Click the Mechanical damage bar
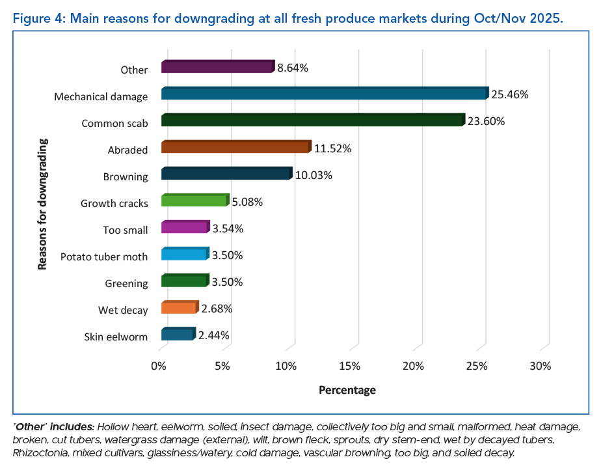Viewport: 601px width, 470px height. (x=324, y=94)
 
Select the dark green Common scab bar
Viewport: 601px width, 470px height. (x=312, y=120)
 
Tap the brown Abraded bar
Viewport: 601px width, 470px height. (x=235, y=147)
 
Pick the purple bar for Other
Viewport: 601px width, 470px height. (x=217, y=67)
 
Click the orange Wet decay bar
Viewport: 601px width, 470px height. (x=178, y=308)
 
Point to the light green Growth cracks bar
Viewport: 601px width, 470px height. (x=194, y=201)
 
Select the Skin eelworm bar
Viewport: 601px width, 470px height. (x=177, y=335)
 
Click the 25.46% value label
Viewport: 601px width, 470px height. (x=510, y=95)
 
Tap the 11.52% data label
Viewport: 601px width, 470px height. (x=332, y=149)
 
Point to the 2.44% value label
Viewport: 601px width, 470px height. (x=213, y=336)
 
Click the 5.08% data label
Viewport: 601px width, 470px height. (x=247, y=202)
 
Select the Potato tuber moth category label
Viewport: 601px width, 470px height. (x=104, y=256)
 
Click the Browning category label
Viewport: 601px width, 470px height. (x=126, y=176)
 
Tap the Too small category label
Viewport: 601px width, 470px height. (x=126, y=230)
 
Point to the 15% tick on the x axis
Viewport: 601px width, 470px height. (x=350, y=366)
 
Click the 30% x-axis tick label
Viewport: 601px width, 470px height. (x=541, y=366)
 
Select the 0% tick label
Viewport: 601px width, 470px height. (x=159, y=366)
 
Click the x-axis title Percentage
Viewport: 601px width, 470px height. (x=347, y=391)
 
